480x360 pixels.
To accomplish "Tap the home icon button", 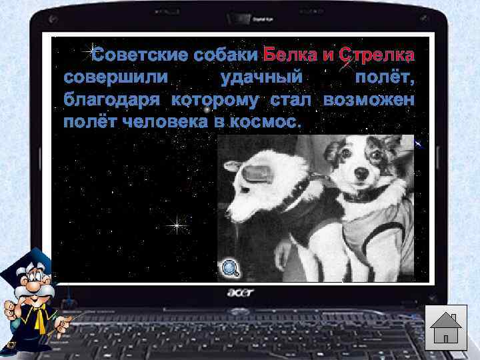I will (x=446, y=326).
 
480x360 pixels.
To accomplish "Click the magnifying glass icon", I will (x=230, y=268).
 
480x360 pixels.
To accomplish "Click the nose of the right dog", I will (x=361, y=172).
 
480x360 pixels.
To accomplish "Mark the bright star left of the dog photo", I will (x=177, y=226).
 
